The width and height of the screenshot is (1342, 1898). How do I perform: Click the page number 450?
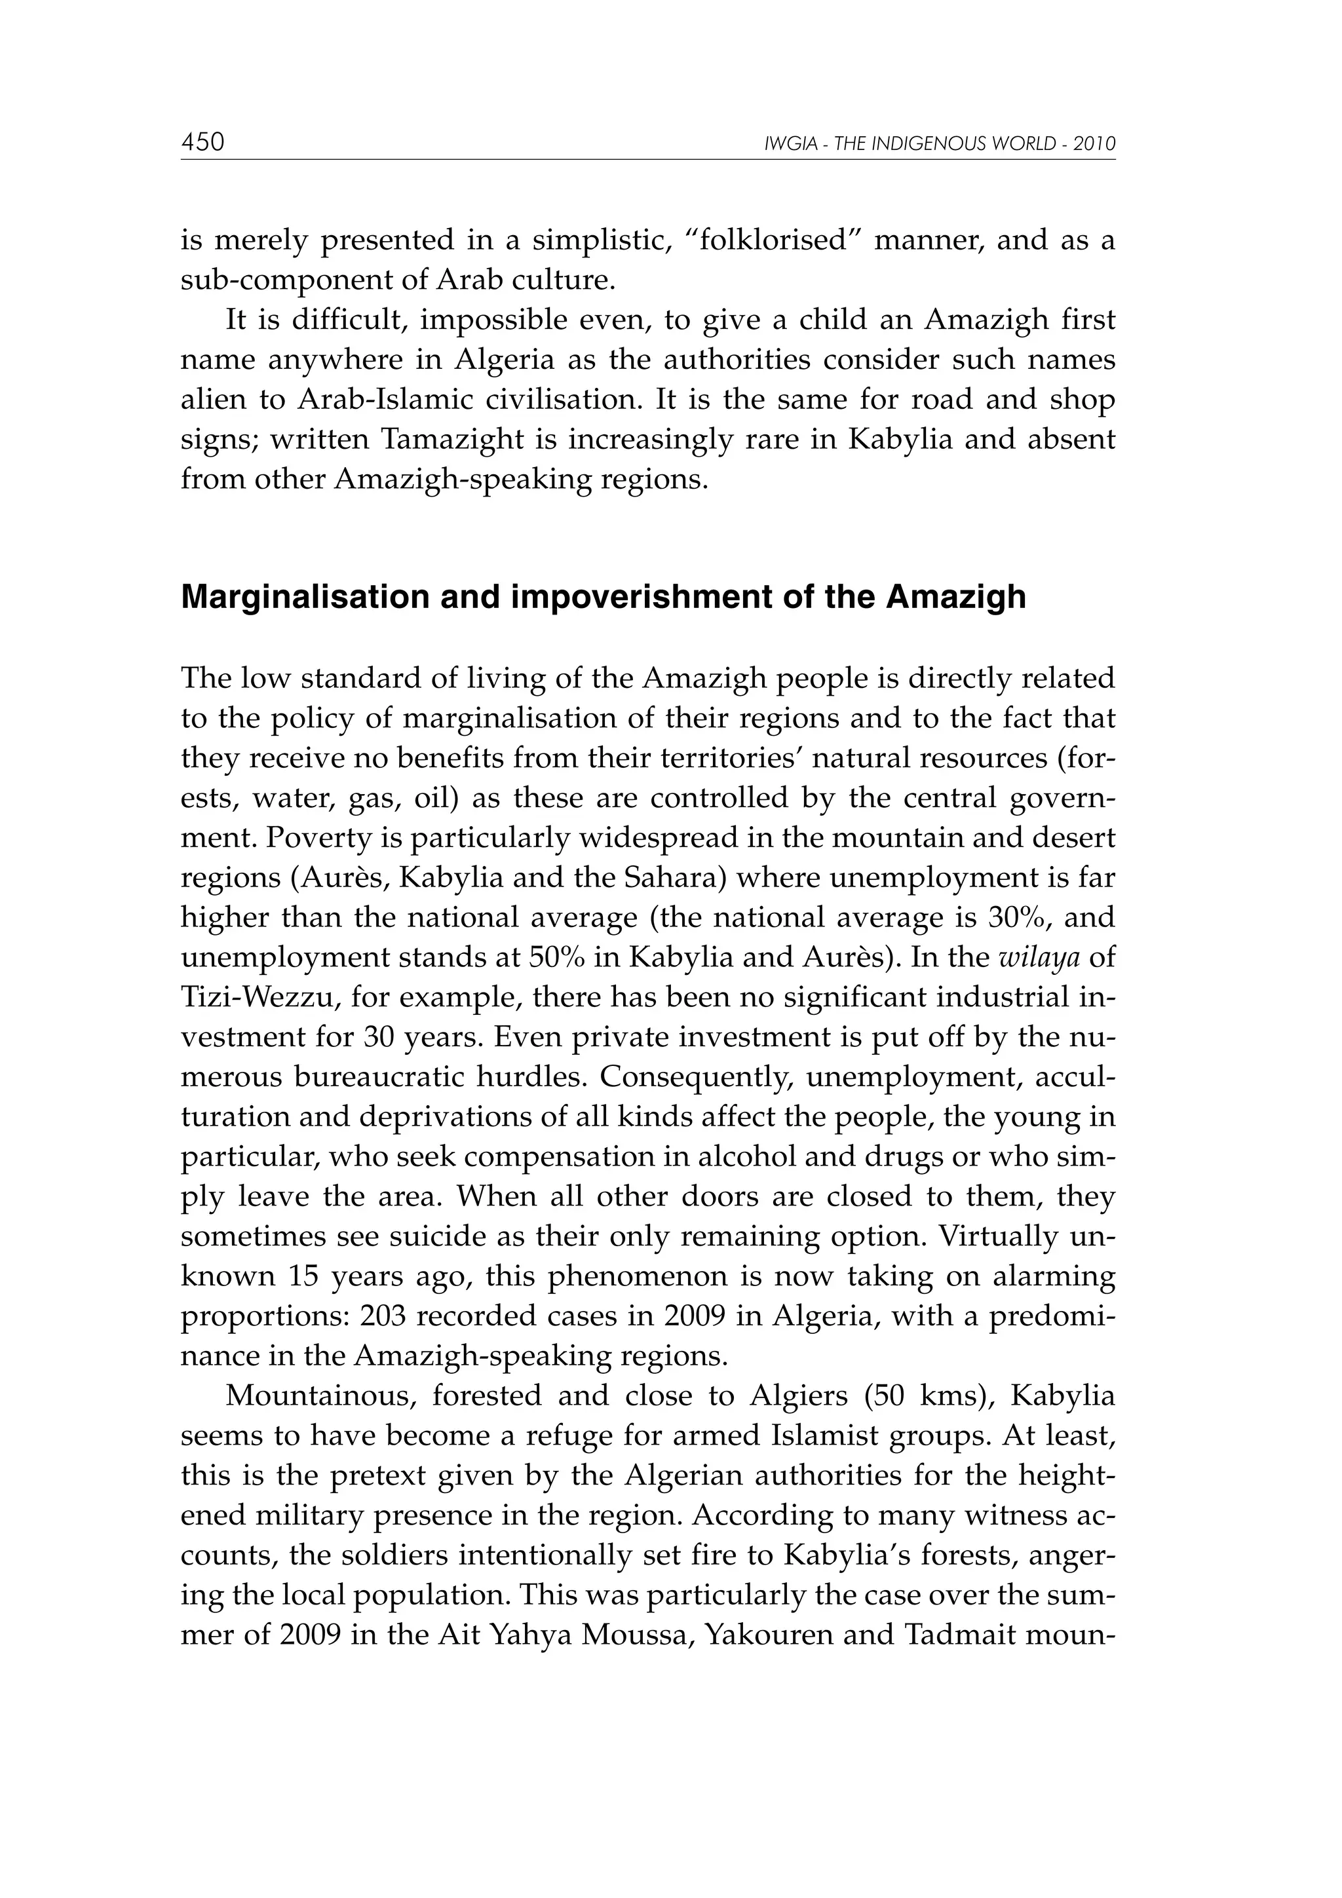202,142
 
